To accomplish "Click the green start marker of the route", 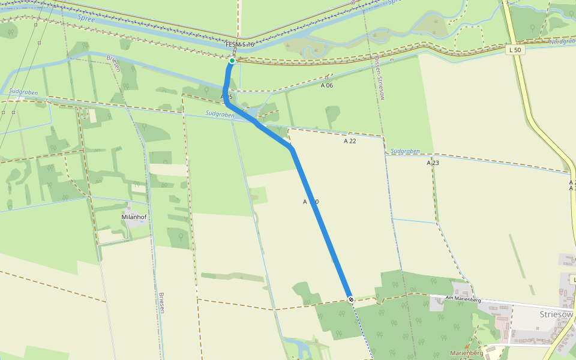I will (x=232, y=61).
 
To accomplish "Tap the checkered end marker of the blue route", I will (x=350, y=299).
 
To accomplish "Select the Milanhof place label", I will (x=134, y=217).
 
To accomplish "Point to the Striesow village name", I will (x=557, y=314).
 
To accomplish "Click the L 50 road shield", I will (x=515, y=50).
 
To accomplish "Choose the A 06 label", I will (x=326, y=85).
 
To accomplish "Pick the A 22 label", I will (x=350, y=141).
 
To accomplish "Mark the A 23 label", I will (x=433, y=163).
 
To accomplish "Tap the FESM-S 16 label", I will (x=240, y=45).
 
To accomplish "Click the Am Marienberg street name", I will (x=464, y=299).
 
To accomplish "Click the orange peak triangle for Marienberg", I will (x=467, y=347).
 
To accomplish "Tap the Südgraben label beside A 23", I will (x=404, y=152).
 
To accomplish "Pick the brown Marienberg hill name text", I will (x=467, y=354).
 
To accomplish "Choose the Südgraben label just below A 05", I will (x=219, y=113).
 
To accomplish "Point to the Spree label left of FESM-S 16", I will (x=86, y=19).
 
